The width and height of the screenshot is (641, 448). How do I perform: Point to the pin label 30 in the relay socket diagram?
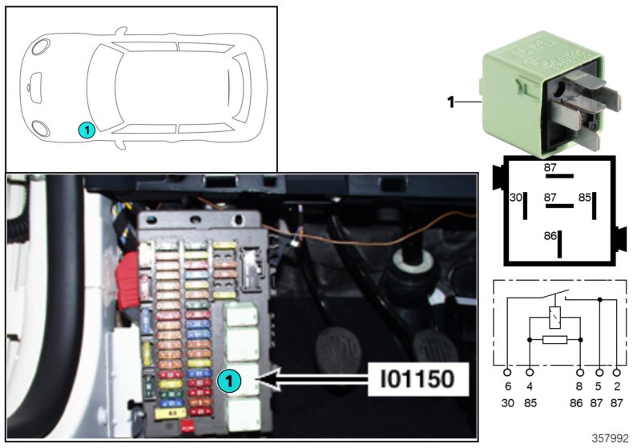(x=516, y=197)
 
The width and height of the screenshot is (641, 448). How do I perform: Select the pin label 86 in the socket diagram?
(x=550, y=237)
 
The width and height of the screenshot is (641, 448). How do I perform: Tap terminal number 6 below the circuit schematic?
(x=507, y=388)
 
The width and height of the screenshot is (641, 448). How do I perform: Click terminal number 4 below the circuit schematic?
(x=530, y=388)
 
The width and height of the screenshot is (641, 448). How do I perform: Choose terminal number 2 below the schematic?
(x=615, y=388)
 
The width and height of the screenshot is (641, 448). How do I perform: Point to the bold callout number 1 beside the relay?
(x=450, y=102)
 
